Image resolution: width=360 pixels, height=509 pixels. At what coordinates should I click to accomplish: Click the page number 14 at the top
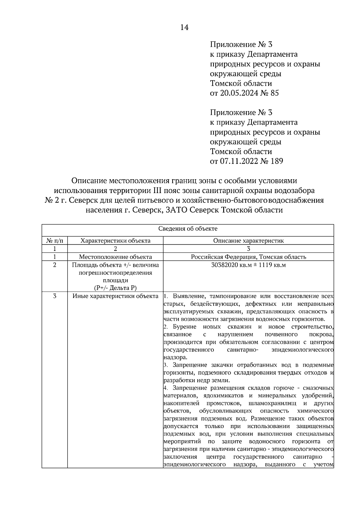click(x=184, y=28)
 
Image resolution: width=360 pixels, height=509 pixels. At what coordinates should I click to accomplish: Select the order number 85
click(x=274, y=93)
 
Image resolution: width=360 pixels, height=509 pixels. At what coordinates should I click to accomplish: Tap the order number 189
click(x=277, y=161)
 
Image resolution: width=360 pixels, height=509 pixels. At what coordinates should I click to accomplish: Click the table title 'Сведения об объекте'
click(x=188, y=229)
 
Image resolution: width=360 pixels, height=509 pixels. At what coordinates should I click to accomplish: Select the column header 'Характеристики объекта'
click(x=115, y=241)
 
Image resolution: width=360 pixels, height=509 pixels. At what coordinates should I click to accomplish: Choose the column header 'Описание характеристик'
click(x=248, y=241)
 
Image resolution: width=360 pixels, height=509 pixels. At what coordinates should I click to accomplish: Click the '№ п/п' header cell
click(x=55, y=241)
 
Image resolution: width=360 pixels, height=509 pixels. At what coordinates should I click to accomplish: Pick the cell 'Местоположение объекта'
click(x=115, y=257)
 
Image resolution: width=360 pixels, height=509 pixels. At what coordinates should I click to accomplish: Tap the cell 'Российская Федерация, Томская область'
click(x=248, y=257)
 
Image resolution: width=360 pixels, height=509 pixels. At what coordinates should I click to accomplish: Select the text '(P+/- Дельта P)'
click(x=115, y=288)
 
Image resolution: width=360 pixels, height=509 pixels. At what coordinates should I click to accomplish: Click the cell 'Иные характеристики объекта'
click(x=115, y=296)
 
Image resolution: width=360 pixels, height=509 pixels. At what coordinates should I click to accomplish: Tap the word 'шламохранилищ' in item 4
click(x=278, y=403)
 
